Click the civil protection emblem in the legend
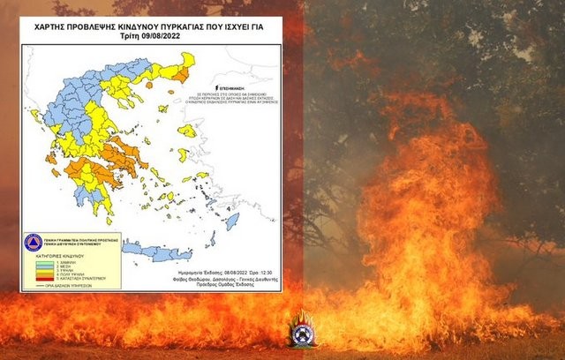[x=34, y=241]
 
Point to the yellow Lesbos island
[x=186, y=131]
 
